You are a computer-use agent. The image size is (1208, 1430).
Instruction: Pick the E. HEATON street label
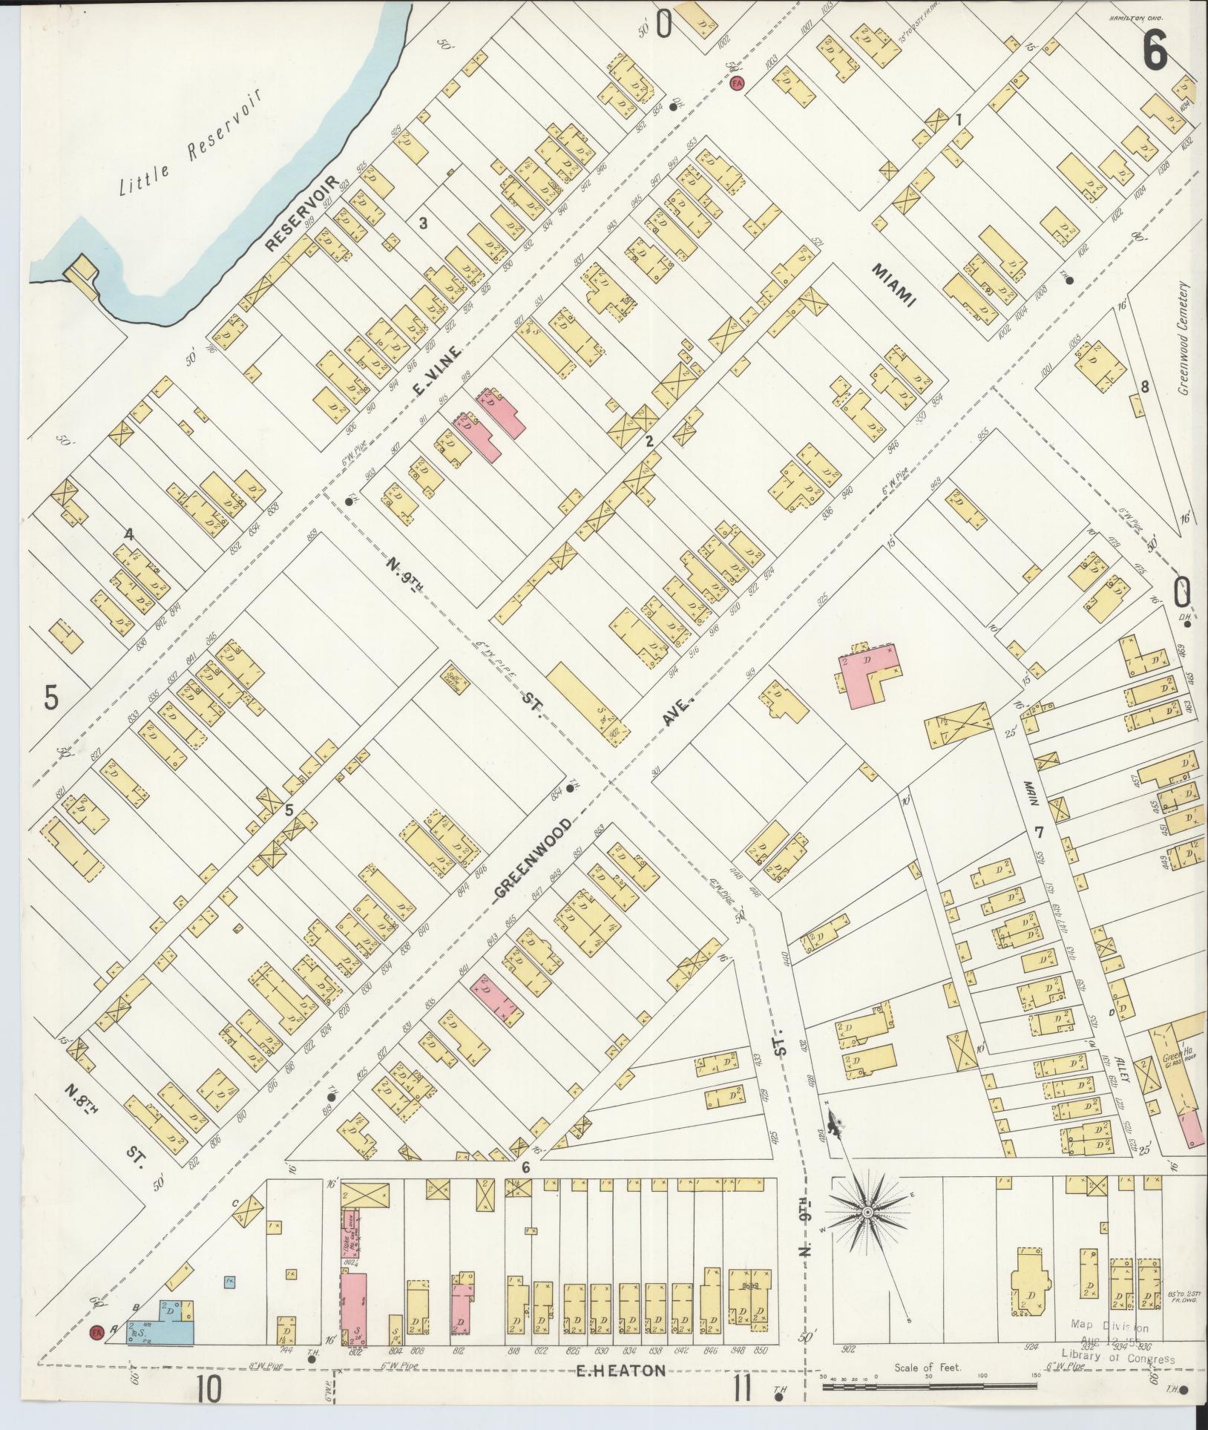coord(621,1371)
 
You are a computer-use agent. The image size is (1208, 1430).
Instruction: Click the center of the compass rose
coord(866,1212)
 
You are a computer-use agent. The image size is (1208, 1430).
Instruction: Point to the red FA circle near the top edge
coord(737,83)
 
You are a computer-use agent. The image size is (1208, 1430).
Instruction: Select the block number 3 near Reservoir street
coord(423,223)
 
